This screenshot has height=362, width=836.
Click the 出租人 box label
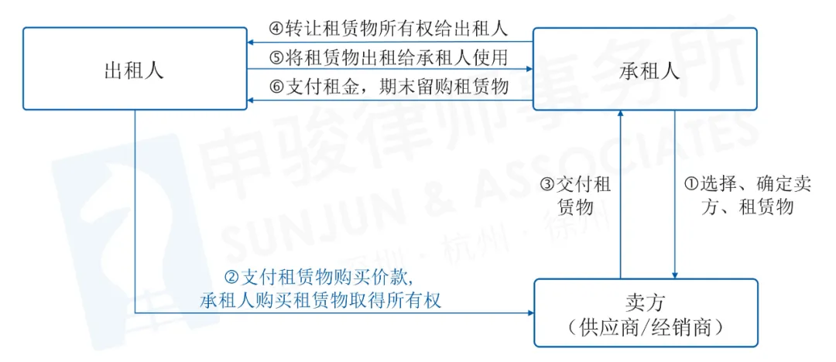coord(134,70)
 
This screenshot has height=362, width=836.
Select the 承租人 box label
coord(650,70)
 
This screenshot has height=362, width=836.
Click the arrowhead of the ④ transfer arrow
coord(251,41)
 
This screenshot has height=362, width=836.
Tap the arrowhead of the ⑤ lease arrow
coord(529,70)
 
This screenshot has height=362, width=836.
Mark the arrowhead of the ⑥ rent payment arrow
coord(251,100)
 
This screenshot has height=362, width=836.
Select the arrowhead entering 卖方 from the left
coord(530,313)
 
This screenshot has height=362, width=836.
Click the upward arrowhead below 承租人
coord(620,114)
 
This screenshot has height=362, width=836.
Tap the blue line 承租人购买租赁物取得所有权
coord(320,299)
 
